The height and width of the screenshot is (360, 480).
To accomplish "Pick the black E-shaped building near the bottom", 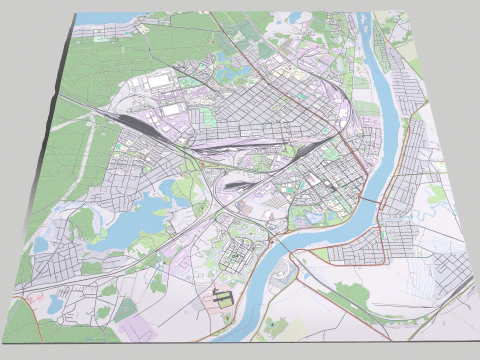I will tap(221, 296).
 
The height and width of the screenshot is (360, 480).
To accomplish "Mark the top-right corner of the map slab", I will tap(408, 13).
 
